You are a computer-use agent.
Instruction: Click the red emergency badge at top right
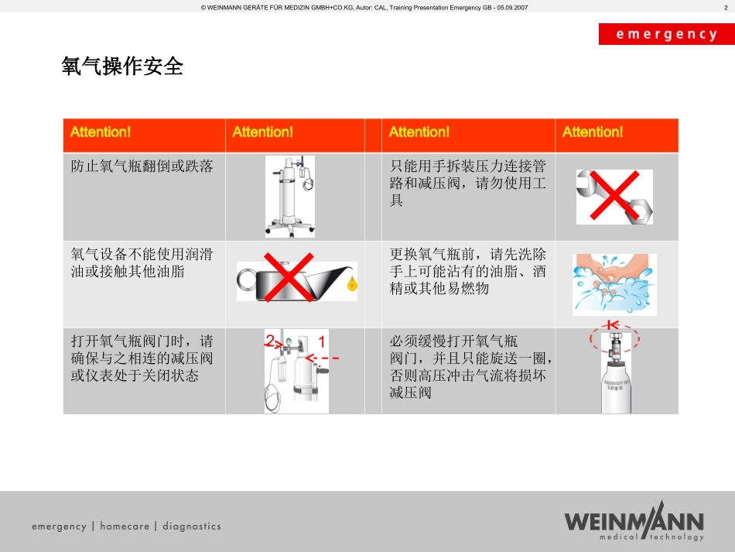coord(667,34)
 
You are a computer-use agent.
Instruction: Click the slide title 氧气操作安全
coord(122,66)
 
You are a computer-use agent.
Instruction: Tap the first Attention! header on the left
coord(101,132)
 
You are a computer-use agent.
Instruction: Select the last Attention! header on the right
coord(593,132)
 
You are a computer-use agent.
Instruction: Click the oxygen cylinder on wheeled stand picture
coord(290,197)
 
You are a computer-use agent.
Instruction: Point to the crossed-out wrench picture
coord(614,197)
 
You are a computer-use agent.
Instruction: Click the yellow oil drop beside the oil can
coord(352,283)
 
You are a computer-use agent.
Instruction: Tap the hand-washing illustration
coord(614,285)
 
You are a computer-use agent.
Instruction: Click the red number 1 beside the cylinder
coord(322,341)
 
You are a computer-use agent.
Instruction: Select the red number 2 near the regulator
coord(269,341)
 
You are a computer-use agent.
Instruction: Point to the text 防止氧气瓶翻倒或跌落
coord(142,166)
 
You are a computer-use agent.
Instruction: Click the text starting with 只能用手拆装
coord(468,183)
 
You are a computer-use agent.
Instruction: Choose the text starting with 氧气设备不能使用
coord(142,262)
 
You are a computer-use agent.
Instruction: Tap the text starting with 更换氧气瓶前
coord(468,271)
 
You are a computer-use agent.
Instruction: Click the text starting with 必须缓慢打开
coord(470,367)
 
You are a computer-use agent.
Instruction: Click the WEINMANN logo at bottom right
coord(634,521)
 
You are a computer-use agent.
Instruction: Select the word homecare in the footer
coord(125,526)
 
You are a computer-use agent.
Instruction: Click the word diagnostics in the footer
coord(192,526)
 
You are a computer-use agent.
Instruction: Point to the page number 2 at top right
coord(726,8)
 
